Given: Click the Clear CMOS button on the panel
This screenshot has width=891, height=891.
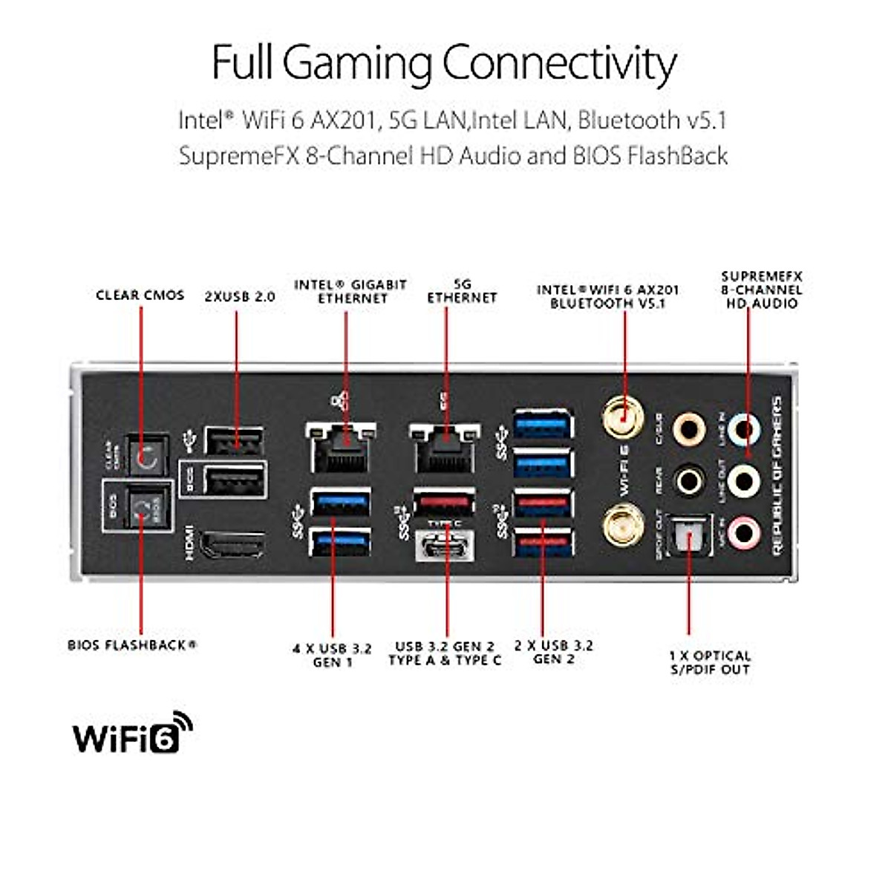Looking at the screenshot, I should [146, 456].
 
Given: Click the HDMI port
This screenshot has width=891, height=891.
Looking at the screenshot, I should [232, 544].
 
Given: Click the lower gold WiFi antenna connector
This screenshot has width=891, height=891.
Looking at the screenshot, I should [622, 526].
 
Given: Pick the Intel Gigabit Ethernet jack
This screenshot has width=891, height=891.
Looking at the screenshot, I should [341, 448].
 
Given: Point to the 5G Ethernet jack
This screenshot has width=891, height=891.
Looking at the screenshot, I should [445, 448].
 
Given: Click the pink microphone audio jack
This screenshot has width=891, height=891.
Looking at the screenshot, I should [743, 532].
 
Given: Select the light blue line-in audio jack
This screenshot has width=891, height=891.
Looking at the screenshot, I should [743, 428].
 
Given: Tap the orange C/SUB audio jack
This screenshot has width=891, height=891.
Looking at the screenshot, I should [688, 428].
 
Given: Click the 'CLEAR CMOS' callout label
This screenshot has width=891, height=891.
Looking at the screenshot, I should [140, 295].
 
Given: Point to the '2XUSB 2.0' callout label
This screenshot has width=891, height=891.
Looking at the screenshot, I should [239, 296].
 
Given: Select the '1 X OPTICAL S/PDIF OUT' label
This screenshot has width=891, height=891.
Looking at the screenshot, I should [710, 662].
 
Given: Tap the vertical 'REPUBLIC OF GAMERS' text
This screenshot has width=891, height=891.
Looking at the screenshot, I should [777, 475].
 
